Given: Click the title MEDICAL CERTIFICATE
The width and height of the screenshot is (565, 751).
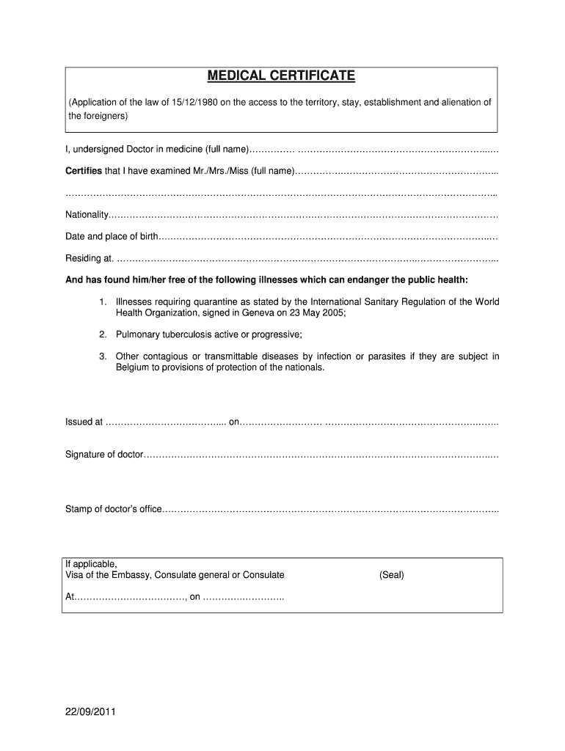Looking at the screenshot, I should pyautogui.click(x=281, y=76).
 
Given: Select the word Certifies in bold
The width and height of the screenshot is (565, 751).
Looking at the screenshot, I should pyautogui.click(x=84, y=172).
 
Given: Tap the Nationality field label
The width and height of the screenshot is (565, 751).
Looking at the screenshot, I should pyautogui.click(x=87, y=215).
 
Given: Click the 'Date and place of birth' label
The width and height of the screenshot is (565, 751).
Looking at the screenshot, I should pyautogui.click(x=112, y=236).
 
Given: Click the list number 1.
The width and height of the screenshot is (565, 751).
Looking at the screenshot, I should pyautogui.click(x=103, y=301).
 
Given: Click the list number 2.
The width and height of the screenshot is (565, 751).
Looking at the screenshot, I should pyautogui.click(x=103, y=334).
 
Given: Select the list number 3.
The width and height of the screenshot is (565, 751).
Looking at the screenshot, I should pyautogui.click(x=103, y=356).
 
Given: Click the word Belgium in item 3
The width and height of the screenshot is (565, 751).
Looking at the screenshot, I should pyautogui.click(x=132, y=367).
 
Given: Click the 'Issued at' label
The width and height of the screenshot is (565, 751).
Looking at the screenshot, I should pyautogui.click(x=84, y=422).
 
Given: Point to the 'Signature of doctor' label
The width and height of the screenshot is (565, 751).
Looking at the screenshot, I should pyautogui.click(x=103, y=455).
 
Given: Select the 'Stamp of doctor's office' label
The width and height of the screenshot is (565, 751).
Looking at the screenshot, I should pyautogui.click(x=112, y=509).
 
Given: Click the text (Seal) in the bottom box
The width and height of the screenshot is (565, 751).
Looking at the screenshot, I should pyautogui.click(x=392, y=575).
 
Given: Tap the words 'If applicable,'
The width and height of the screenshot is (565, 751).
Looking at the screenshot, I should pyautogui.click(x=91, y=564).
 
